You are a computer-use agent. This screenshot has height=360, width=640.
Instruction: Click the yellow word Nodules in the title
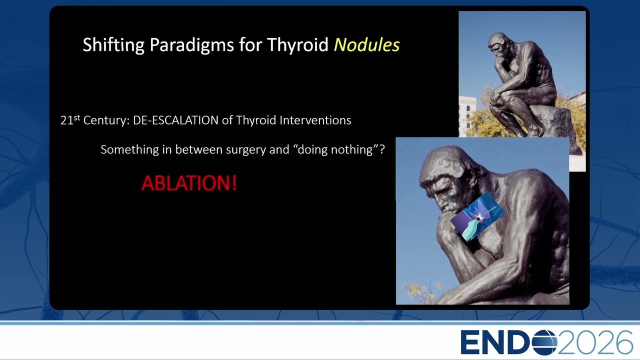[x=367, y=45]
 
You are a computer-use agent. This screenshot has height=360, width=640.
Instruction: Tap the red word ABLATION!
[x=189, y=183]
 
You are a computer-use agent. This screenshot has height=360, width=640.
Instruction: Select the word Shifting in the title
[x=113, y=45]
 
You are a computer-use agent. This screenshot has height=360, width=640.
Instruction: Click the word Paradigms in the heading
[x=191, y=45]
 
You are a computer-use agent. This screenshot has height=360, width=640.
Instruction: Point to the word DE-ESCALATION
[x=175, y=120]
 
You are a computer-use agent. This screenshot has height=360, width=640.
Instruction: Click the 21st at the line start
[x=70, y=119]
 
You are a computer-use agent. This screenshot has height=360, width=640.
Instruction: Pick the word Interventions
[x=315, y=120]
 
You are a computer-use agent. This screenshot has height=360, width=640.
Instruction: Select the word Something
[x=129, y=149]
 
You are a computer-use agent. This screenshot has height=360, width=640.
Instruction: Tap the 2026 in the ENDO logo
[x=595, y=342]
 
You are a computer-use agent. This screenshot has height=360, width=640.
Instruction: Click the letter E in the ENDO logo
[x=470, y=342]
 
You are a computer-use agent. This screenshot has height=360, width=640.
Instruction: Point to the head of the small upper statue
[x=499, y=44]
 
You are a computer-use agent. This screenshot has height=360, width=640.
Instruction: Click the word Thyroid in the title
[x=297, y=45]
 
